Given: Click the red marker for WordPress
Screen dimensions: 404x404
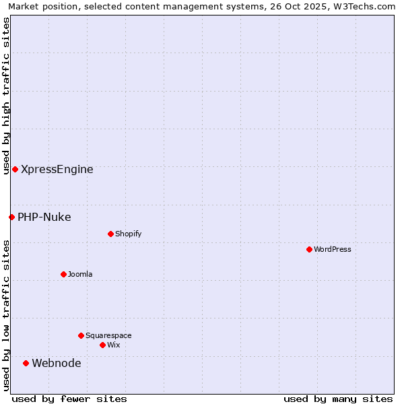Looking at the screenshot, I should click(309, 249).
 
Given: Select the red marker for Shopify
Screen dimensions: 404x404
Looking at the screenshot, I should click(110, 234).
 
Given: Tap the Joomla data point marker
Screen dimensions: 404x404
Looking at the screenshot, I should click(63, 274).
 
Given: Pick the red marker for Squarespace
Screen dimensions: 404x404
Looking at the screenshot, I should click(81, 335).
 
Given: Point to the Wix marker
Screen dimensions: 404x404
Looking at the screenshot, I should click(102, 345).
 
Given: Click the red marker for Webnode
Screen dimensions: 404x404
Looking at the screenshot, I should click(26, 363).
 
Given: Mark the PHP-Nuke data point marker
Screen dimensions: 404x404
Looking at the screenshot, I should click(11, 217).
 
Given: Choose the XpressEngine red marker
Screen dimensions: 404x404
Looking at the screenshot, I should click(15, 169).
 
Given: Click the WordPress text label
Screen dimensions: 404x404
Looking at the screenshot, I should click(333, 249).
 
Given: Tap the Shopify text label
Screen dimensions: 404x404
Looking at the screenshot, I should click(129, 234).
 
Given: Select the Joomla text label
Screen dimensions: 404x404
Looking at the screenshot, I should click(80, 274).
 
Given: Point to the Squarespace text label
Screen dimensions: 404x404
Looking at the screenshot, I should click(108, 335).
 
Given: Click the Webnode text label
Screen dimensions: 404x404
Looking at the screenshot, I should click(57, 364).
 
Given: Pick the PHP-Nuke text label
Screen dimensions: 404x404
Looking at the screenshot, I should click(44, 217).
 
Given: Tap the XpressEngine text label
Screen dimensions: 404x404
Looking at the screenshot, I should click(57, 170).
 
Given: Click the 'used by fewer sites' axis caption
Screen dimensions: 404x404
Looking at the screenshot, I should click(69, 399).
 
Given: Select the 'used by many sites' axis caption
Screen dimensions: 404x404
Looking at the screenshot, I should click(338, 399).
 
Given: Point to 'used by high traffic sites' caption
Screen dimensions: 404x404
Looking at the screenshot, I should click(6, 96).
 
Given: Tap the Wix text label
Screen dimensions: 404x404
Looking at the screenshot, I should click(114, 345).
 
